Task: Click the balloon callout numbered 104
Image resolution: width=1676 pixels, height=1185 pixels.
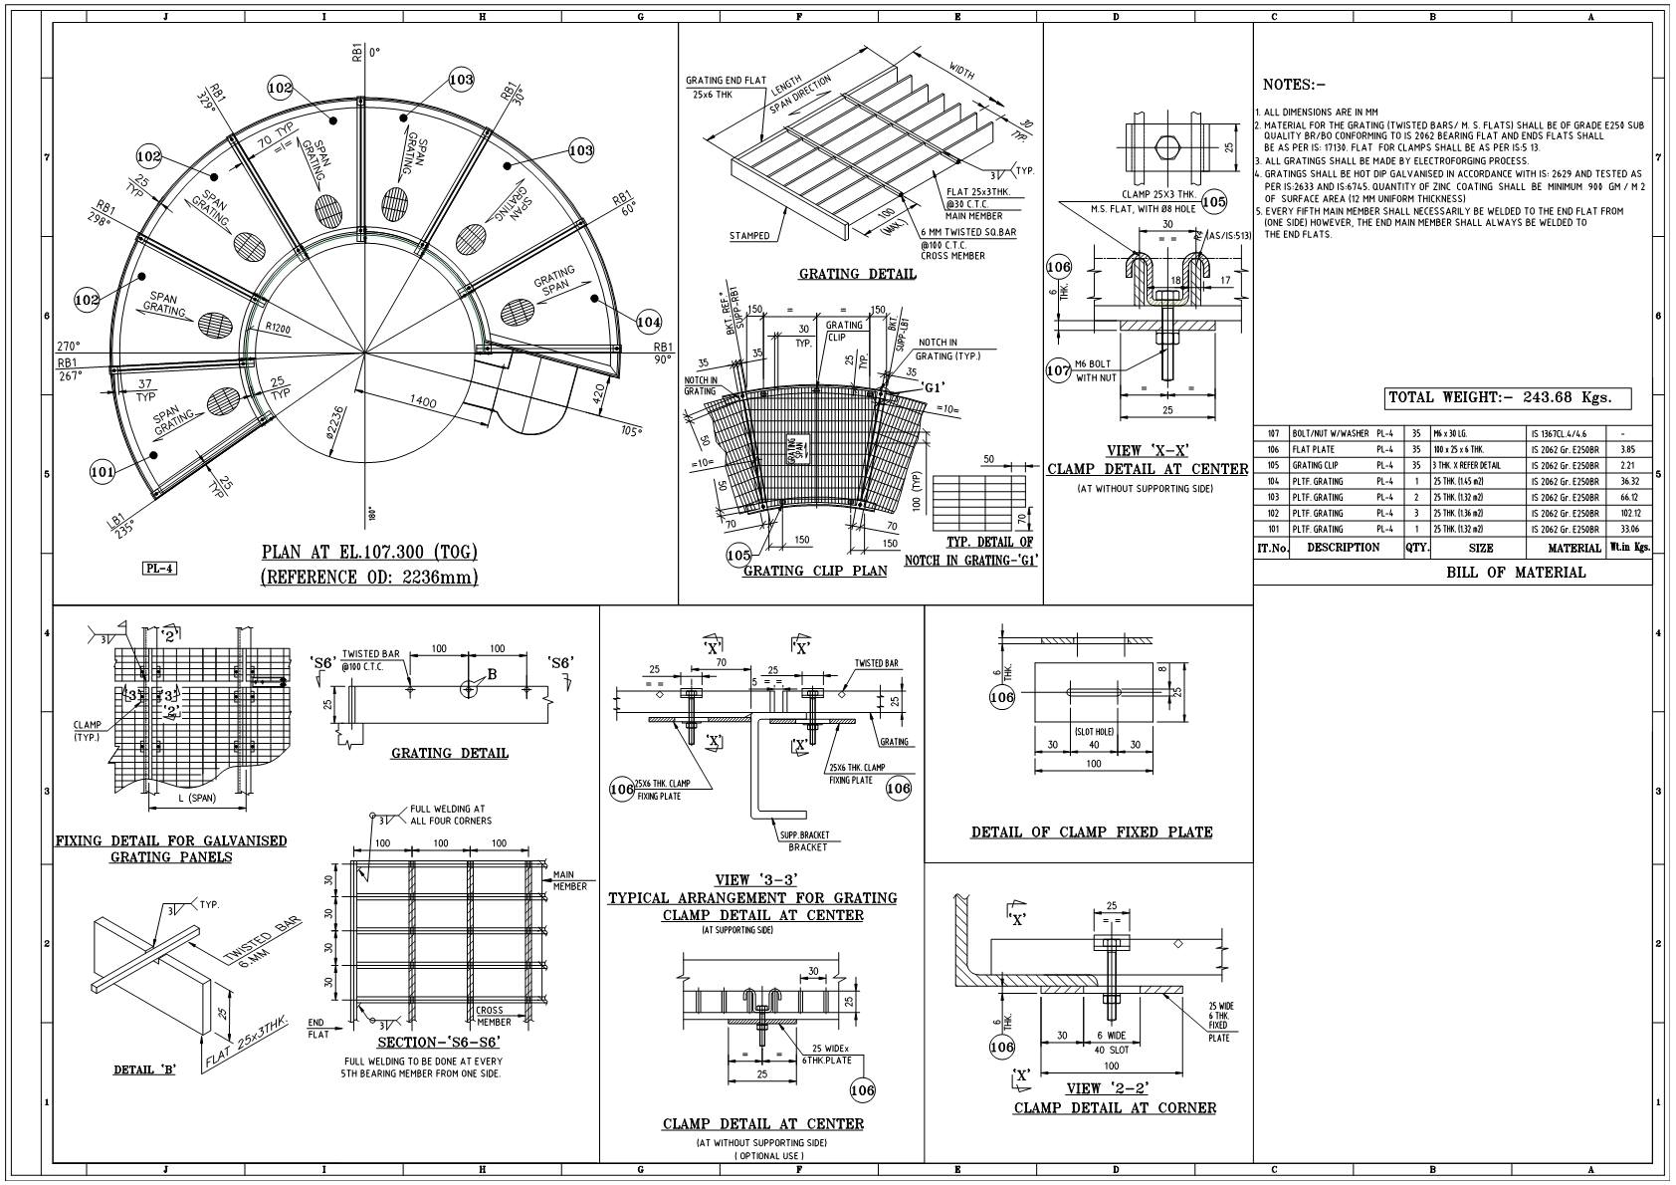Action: [648, 322]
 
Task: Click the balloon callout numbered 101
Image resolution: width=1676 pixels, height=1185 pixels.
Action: [103, 471]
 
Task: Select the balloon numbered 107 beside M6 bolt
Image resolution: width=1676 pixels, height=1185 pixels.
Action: [1059, 370]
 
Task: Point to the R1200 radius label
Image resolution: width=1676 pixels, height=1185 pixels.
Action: [278, 328]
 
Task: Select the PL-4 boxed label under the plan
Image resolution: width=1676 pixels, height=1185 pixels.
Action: [159, 569]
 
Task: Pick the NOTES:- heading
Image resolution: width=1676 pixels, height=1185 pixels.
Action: [1294, 85]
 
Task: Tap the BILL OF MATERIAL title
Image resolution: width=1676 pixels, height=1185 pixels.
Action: [1515, 573]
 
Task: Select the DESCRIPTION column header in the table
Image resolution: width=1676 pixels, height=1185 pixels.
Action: [1343, 548]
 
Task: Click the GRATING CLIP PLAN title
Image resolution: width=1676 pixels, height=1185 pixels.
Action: [814, 571]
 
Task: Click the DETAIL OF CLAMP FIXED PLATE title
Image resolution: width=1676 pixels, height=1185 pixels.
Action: [1091, 832]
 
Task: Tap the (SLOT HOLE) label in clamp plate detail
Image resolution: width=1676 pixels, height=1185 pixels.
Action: [1093, 732]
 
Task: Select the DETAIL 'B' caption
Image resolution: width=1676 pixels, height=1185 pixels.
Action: [144, 1069]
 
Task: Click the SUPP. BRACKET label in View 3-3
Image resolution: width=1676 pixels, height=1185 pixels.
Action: [804, 835]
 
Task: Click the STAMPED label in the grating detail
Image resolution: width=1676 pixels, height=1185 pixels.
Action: [748, 236]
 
